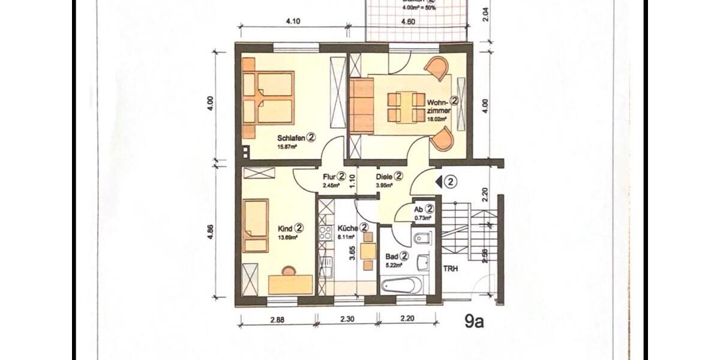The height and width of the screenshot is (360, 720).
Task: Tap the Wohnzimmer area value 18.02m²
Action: [437, 119]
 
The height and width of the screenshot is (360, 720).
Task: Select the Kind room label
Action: [286, 229]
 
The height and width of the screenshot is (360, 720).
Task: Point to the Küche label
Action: [348, 229]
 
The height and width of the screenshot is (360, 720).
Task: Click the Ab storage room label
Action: [419, 209]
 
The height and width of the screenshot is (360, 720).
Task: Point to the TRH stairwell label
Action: [451, 269]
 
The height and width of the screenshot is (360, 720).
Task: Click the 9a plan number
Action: [474, 322]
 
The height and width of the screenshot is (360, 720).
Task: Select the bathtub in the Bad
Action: [401, 284]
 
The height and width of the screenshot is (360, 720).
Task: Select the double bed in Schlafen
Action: [268, 98]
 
